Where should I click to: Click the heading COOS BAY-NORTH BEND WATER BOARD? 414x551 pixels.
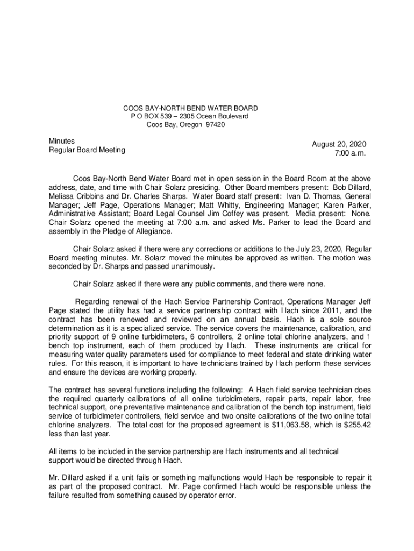click(x=191, y=108)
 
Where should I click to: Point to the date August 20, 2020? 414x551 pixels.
click(x=339, y=144)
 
